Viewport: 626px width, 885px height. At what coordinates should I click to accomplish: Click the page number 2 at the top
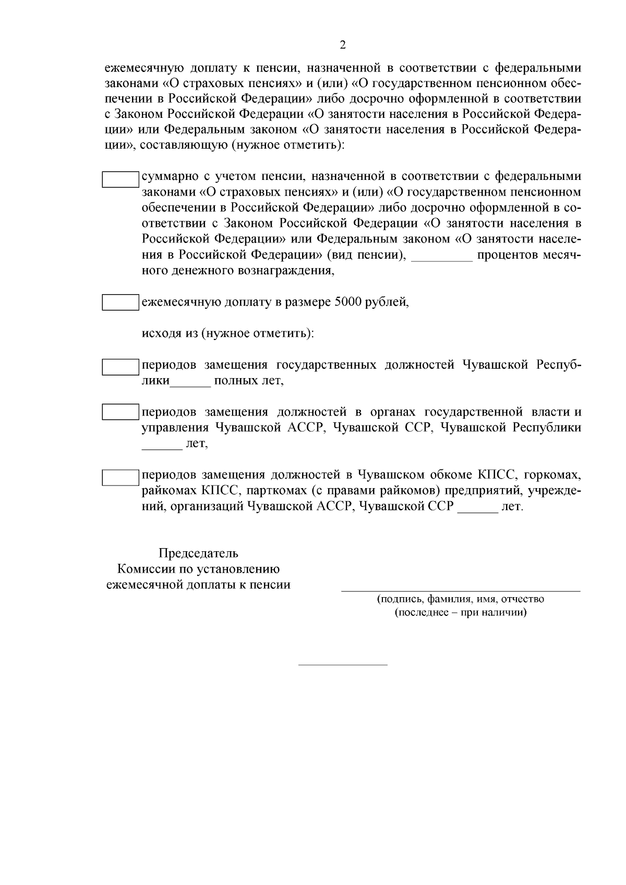pos(343,45)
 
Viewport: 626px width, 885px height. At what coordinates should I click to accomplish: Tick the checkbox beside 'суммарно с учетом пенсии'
pos(120,179)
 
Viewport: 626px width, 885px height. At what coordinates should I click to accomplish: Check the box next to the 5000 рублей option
pos(120,302)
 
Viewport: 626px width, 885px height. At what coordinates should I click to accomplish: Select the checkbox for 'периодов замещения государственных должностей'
pos(120,367)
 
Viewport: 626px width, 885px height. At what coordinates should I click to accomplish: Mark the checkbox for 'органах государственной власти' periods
pos(120,412)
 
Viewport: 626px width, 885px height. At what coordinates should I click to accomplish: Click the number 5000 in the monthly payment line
pos(347,302)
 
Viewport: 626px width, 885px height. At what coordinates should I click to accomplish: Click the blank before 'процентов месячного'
pos(442,257)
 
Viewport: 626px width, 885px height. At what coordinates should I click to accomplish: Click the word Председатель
pos(198,553)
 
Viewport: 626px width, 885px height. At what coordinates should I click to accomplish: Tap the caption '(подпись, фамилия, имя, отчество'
pos(461,599)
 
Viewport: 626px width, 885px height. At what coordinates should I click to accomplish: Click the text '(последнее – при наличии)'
pos(461,612)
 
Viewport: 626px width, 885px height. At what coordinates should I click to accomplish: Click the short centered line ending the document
pos(343,665)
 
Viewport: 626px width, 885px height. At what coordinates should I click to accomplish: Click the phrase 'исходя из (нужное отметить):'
pos(228,333)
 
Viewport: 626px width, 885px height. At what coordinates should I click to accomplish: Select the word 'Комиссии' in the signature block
pos(144,569)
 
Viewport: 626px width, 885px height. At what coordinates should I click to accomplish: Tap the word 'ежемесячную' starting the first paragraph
pos(143,68)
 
